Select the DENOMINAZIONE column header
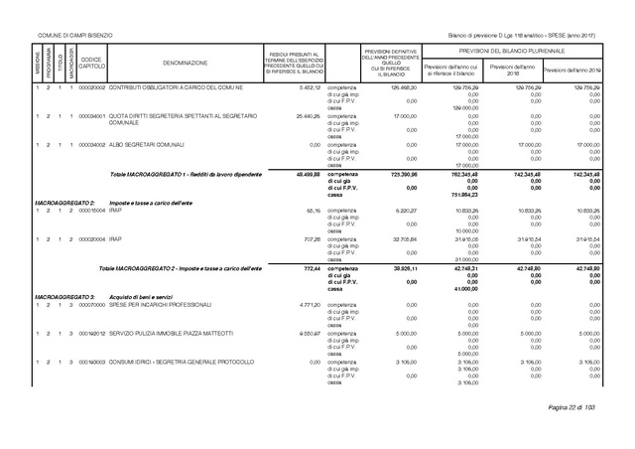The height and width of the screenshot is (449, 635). [x=179, y=62]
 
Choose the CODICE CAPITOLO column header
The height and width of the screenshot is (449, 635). [x=91, y=62]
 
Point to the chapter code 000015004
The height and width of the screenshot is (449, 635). [x=91, y=211]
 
